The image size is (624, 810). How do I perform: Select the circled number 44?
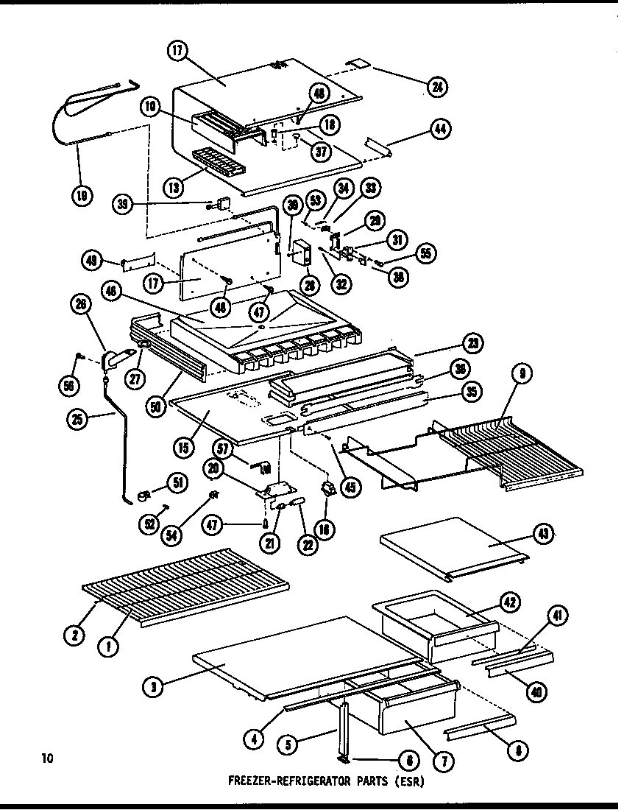(461, 128)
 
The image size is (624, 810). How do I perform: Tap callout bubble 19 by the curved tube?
(82, 194)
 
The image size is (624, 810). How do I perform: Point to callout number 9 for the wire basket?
(521, 373)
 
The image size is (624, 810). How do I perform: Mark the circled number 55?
(425, 254)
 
